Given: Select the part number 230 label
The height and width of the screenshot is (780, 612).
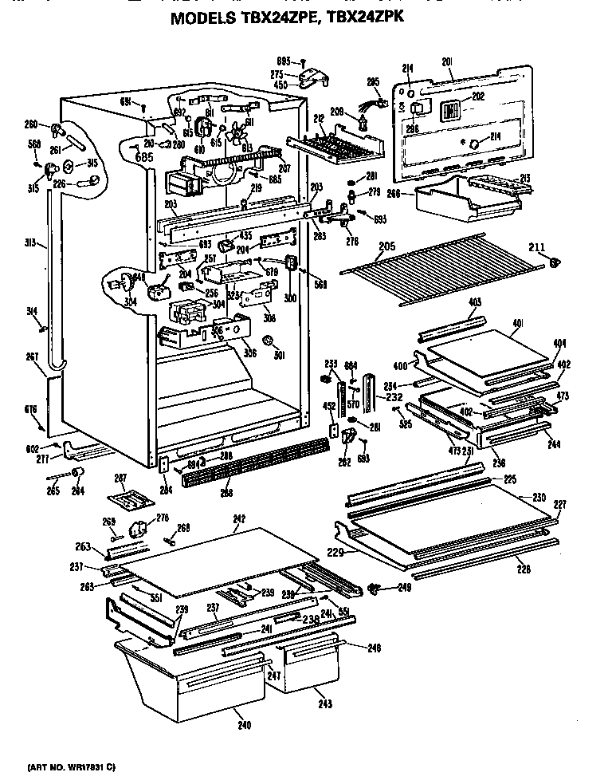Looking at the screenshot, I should [539, 497].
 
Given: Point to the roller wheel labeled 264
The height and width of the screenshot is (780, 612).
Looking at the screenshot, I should [79, 475].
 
